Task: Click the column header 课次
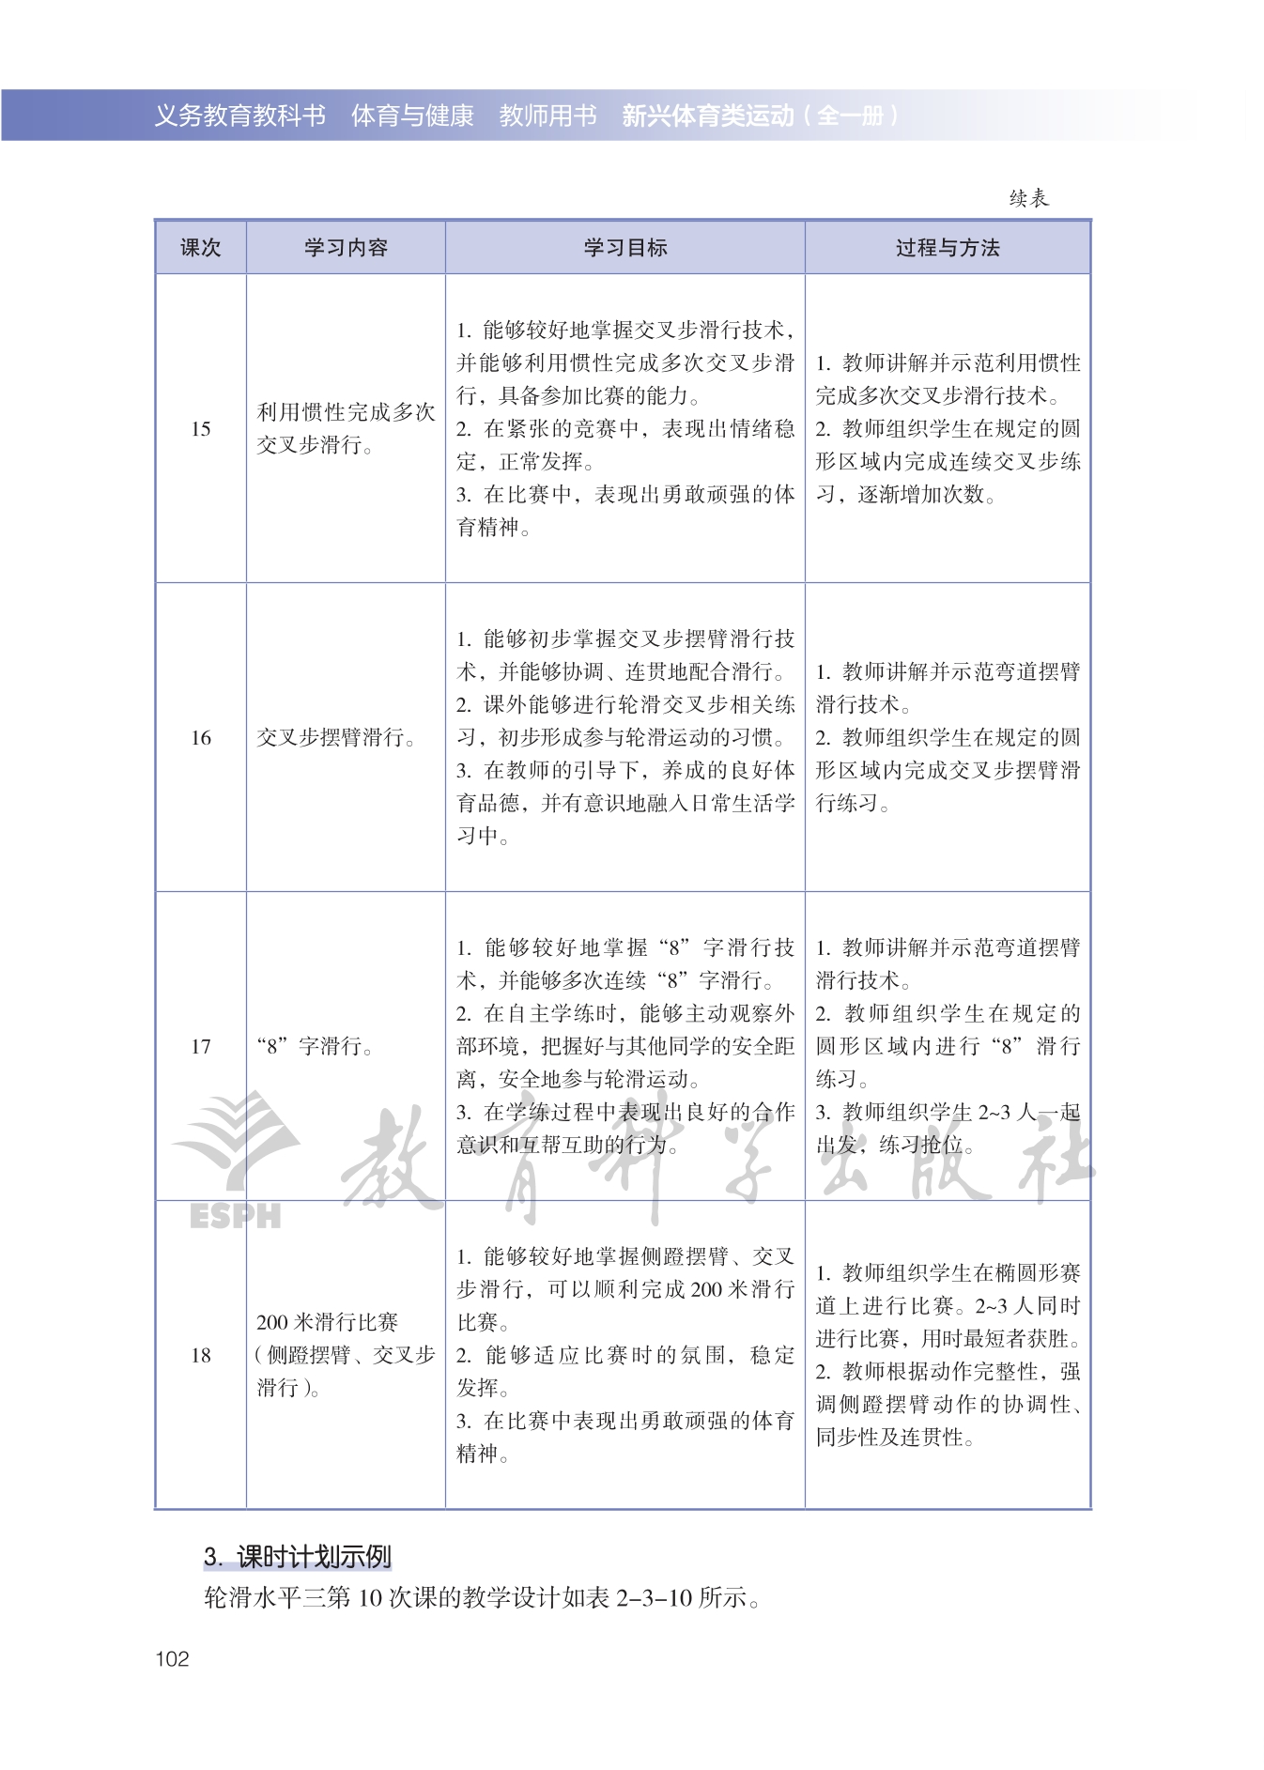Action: pyautogui.click(x=200, y=248)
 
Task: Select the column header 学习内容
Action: pyautogui.click(x=346, y=248)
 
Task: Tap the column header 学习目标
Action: pyautogui.click(x=624, y=248)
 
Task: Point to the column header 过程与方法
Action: pyautogui.click(x=948, y=248)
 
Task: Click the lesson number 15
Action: pyautogui.click(x=200, y=429)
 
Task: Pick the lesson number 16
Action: pyautogui.click(x=200, y=738)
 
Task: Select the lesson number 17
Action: pyautogui.click(x=200, y=1047)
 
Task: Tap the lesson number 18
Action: pyautogui.click(x=200, y=1355)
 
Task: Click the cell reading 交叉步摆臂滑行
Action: pyautogui.click(x=337, y=738)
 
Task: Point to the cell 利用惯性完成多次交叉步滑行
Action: pyautogui.click(x=346, y=429)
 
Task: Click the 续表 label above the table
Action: pyautogui.click(x=1028, y=198)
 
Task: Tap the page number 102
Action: pyautogui.click(x=172, y=1659)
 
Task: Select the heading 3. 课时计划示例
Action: pyautogui.click(x=297, y=1557)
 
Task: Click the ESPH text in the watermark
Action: pyautogui.click(x=235, y=1216)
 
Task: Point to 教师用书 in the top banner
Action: pyautogui.click(x=547, y=115)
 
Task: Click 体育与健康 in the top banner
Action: pyautogui.click(x=412, y=115)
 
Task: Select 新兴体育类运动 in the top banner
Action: pyautogui.click(x=707, y=115)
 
